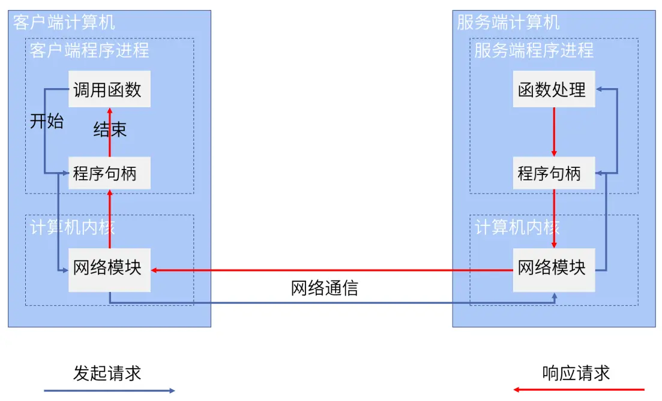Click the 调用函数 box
pos(109,90)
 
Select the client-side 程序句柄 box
pos(109,173)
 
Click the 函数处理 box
pos(553,90)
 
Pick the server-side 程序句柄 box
pos(553,173)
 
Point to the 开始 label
pos(47,122)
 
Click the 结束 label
pos(110,130)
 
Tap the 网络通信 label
pos(325,288)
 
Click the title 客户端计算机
pos(64,23)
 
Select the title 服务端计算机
pos(508,23)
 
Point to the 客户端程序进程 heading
pos(89,50)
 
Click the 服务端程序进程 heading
pos(534,50)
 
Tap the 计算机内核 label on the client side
pos(73,228)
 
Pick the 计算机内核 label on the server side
pos(517,228)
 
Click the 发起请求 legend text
pos(107,373)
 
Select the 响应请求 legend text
pos(576,373)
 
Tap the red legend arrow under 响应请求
pos(579,390)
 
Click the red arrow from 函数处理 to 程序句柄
pos(554,132)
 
